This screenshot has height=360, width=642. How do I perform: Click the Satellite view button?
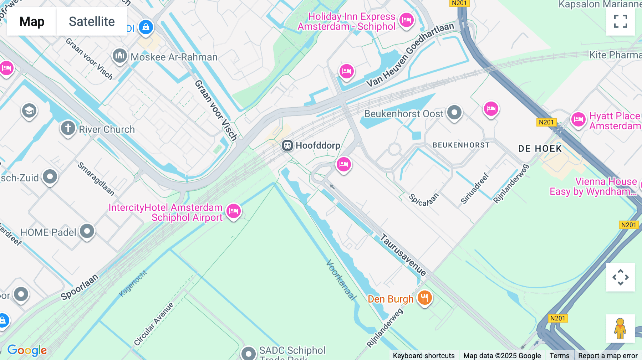92,21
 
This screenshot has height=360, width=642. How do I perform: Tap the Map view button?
32,21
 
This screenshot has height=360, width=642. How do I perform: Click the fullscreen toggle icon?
620,21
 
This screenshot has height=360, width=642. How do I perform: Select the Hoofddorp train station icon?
287,145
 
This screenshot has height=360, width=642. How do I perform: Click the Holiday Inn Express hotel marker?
406,20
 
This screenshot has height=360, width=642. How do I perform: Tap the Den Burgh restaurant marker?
424,298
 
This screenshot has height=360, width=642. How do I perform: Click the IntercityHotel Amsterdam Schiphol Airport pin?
234,211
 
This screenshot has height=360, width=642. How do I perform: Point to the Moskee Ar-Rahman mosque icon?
120,56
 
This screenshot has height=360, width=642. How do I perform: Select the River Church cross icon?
68,128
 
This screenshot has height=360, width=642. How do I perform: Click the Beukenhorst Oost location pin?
454,113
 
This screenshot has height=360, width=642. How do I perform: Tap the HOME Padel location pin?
87,231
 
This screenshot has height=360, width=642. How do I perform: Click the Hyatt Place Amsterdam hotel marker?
578,119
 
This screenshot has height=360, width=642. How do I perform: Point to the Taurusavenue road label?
403,254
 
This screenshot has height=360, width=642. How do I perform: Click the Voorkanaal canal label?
341,280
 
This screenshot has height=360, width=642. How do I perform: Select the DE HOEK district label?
540,149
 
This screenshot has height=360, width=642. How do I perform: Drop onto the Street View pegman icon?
620,328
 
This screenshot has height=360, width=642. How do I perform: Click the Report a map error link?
608,355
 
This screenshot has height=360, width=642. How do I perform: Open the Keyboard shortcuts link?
423,355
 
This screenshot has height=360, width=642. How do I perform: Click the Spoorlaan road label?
79,287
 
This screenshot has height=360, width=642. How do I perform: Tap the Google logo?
27,350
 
